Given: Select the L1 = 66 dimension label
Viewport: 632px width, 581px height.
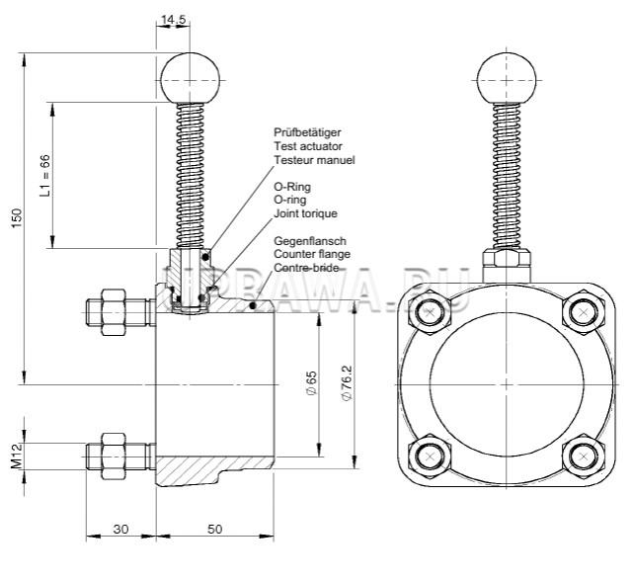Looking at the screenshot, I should (x=44, y=176).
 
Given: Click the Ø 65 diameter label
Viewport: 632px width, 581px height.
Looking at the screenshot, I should (x=311, y=382).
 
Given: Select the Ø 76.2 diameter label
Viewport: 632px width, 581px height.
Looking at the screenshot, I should (x=345, y=382).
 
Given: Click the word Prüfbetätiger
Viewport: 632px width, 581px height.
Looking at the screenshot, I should (x=308, y=131).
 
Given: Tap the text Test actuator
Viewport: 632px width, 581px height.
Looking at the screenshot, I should (x=308, y=145).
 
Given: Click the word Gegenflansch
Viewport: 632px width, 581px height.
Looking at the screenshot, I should (x=309, y=240).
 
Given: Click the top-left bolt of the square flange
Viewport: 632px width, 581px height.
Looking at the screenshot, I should (x=431, y=313).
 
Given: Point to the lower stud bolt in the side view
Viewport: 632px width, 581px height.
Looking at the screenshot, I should (x=119, y=456).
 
